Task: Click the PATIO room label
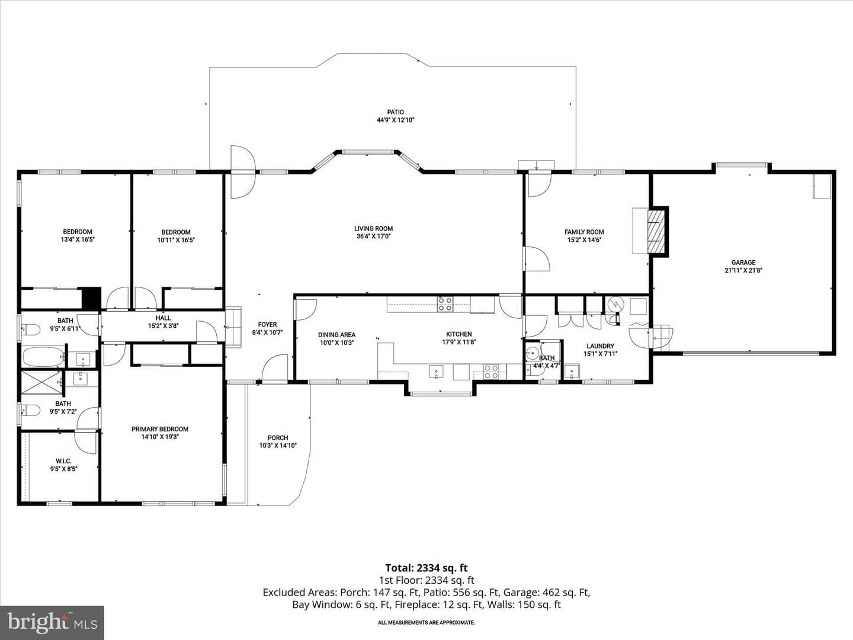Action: (x=395, y=112)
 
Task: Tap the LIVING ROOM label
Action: (x=373, y=229)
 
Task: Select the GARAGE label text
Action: (x=743, y=263)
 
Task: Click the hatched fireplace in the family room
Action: (x=658, y=232)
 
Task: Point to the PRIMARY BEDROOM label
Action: (x=160, y=429)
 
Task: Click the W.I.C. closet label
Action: (x=63, y=461)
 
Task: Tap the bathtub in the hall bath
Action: (x=43, y=357)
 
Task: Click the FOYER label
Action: (x=267, y=325)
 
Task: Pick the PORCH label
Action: (x=278, y=438)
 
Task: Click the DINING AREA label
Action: (x=336, y=335)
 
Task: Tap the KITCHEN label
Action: (x=459, y=334)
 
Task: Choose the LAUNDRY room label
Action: (x=601, y=346)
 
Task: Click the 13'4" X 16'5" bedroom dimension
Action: (x=78, y=239)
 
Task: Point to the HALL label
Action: (x=163, y=318)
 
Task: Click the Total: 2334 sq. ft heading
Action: (x=426, y=568)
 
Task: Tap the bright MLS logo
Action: (x=52, y=622)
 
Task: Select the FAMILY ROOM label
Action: (x=584, y=232)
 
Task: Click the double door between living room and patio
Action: (x=243, y=172)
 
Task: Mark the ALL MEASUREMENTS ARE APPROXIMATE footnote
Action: (x=426, y=622)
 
